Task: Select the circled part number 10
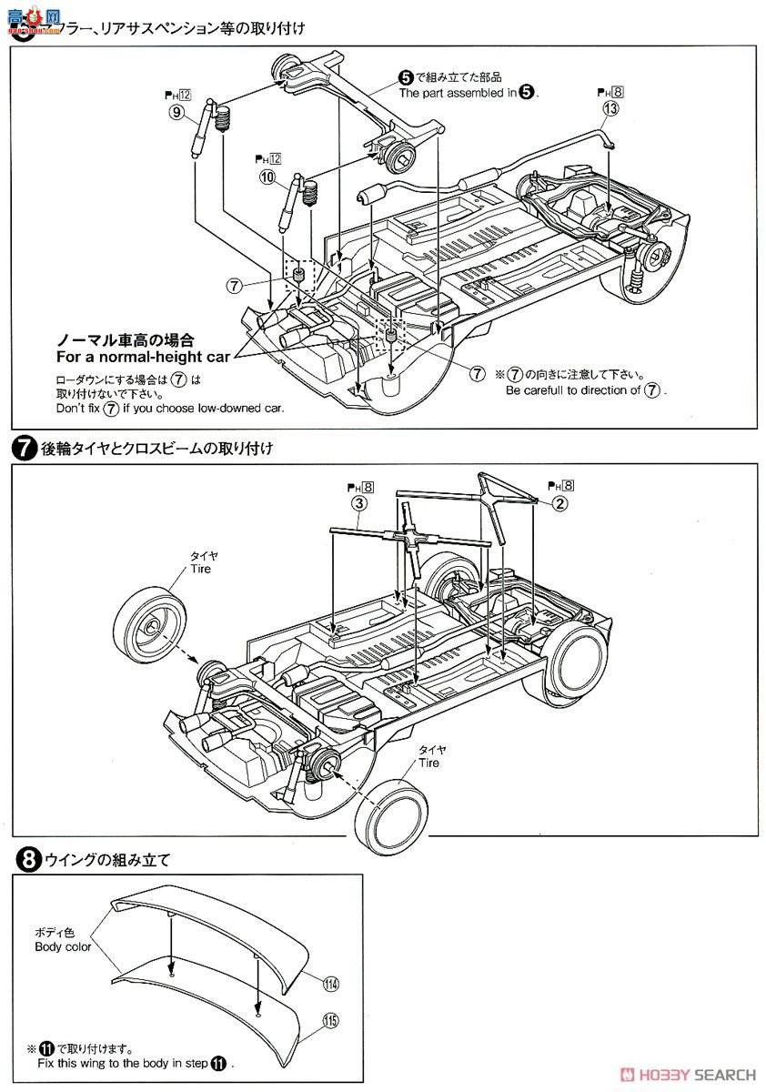[267, 178]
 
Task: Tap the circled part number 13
[610, 110]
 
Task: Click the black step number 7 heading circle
[21, 448]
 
